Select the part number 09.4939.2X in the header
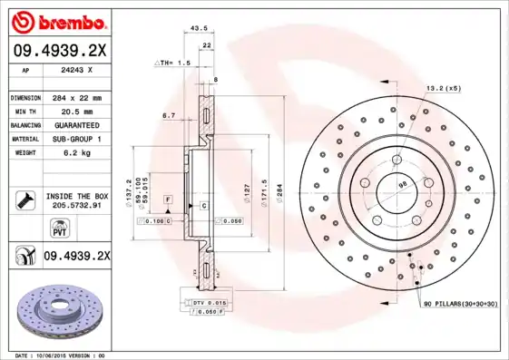[x=58, y=52]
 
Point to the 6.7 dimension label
[x=169, y=115]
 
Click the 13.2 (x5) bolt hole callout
[x=444, y=88]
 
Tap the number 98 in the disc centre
[x=402, y=185]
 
